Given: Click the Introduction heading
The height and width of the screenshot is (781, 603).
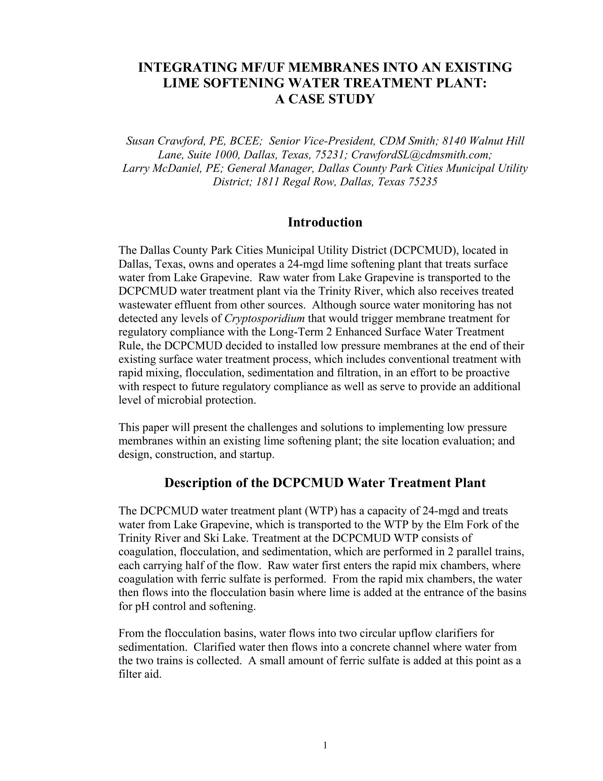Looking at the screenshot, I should pyautogui.click(x=325, y=223).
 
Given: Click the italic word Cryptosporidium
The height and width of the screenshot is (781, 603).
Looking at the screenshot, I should pyautogui.click(x=264, y=318).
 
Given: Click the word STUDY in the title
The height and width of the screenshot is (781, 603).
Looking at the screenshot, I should pyautogui.click(x=349, y=99).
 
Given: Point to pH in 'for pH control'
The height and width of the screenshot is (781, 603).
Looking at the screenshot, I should pyautogui.click(x=141, y=607).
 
